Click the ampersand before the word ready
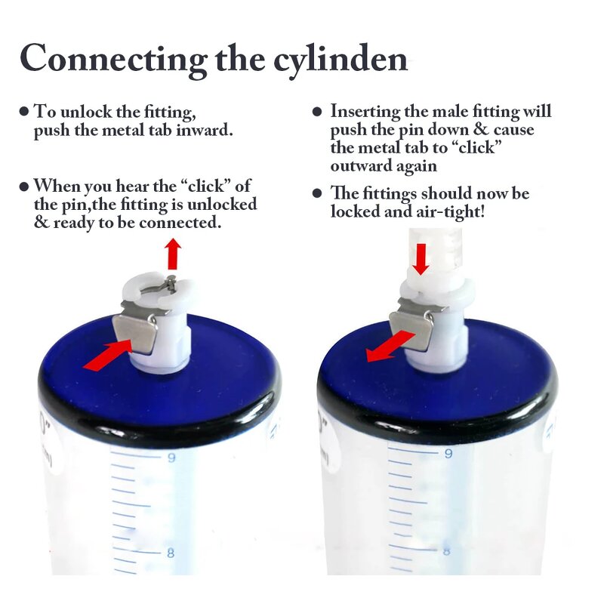[41, 223]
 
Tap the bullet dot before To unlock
[24, 112]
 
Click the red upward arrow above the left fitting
[173, 254]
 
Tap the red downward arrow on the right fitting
[421, 258]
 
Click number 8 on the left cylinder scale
[171, 553]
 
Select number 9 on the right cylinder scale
[448, 454]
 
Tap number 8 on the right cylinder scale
[447, 550]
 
